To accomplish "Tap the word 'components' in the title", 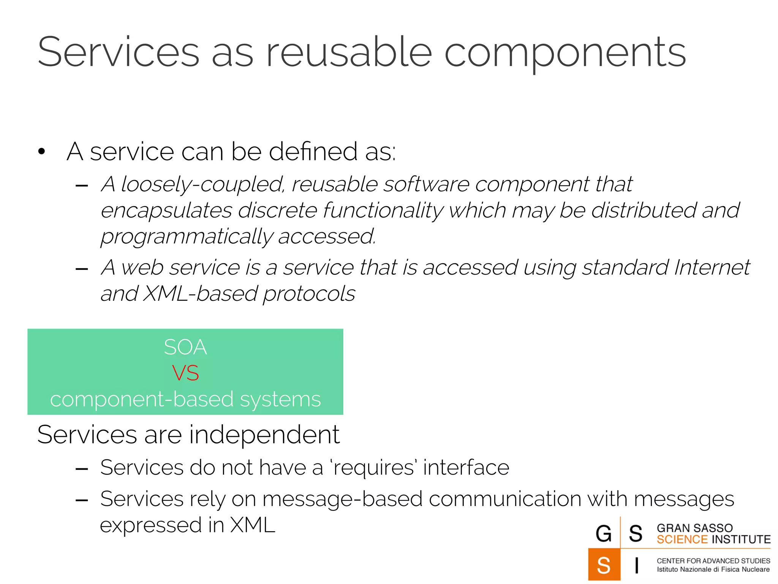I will pyautogui.click(x=565, y=53).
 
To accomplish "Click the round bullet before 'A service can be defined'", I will pyautogui.click(x=42, y=152).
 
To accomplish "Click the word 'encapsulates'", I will pyautogui.click(x=166, y=211).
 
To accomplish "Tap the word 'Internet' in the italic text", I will pyautogui.click(x=712, y=267).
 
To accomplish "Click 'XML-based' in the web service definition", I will pyautogui.click(x=200, y=294).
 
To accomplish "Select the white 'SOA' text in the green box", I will pyautogui.click(x=185, y=347).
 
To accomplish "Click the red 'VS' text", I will pyautogui.click(x=185, y=373).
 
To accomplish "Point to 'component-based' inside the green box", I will pyautogui.click(x=142, y=399).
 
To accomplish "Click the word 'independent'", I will pyautogui.click(x=264, y=435).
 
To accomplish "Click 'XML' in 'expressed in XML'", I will pyautogui.click(x=253, y=525).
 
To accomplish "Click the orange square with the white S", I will pyautogui.click(x=604, y=565).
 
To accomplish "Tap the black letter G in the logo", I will pyautogui.click(x=604, y=533).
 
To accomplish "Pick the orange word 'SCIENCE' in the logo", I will pyautogui.click(x=682, y=540).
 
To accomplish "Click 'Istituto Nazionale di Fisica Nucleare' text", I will pyautogui.click(x=713, y=570).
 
